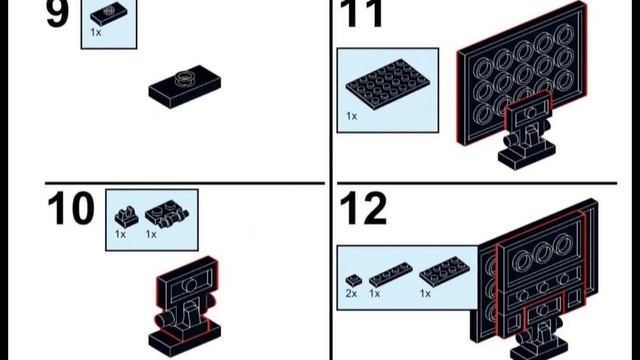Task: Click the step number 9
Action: pyautogui.click(x=57, y=13)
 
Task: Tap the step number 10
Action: pyautogui.click(x=71, y=209)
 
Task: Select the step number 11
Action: pyautogui.click(x=361, y=13)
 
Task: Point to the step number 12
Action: pyautogui.click(x=363, y=209)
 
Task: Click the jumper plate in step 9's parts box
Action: pyautogui.click(x=109, y=14)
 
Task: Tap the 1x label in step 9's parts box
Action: pyautogui.click(x=96, y=32)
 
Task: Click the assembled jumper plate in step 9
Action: pyautogui.click(x=185, y=87)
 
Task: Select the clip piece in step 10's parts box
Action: pyautogui.click(x=126, y=217)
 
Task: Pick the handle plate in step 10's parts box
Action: pyautogui.click(x=167, y=214)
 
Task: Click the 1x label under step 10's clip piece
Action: pyautogui.click(x=120, y=234)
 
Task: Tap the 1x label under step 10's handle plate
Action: pyautogui.click(x=151, y=234)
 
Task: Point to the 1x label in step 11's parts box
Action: pyautogui.click(x=351, y=116)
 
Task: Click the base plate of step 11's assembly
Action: pyautogui.click(x=527, y=155)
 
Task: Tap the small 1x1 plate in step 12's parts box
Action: pyautogui.click(x=353, y=280)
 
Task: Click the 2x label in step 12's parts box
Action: pyautogui.click(x=351, y=293)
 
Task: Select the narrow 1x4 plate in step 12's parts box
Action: pyautogui.click(x=391, y=274)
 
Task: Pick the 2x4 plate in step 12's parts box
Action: pyautogui.click(x=444, y=270)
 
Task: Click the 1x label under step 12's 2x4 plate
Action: pyautogui.click(x=425, y=293)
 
